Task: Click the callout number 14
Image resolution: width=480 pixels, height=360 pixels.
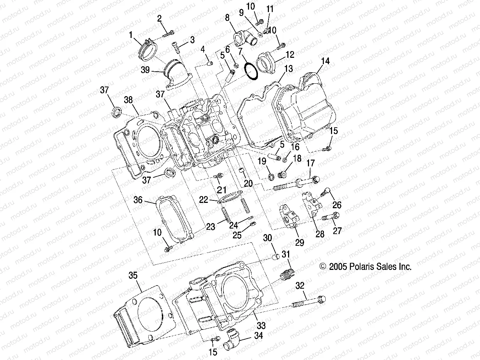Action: (x=325, y=61)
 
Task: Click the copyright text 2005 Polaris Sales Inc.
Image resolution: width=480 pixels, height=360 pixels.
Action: (x=365, y=267)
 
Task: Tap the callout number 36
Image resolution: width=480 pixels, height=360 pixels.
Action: (x=138, y=200)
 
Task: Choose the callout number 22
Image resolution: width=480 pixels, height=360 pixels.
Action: (x=203, y=200)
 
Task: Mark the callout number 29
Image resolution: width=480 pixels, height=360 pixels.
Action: (x=300, y=243)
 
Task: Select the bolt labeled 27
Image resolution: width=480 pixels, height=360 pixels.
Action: (x=331, y=215)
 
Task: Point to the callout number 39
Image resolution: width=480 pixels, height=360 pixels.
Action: (x=145, y=70)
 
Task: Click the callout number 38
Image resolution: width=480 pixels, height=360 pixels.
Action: (x=128, y=100)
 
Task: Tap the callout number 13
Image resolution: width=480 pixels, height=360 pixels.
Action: (x=288, y=68)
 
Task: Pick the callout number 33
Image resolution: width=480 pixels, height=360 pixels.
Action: (x=261, y=325)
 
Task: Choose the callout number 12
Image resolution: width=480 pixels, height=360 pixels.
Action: (x=290, y=55)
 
